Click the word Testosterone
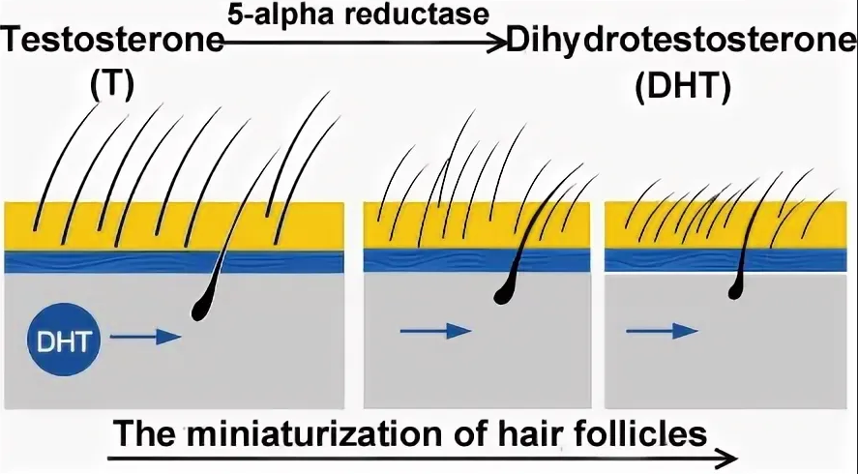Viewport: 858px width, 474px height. [x=112, y=43]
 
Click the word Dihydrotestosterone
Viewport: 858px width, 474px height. [x=682, y=43]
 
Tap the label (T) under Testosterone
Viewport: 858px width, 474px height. [x=111, y=85]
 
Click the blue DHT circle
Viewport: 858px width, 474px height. [x=64, y=338]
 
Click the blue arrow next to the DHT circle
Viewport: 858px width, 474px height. [x=145, y=337]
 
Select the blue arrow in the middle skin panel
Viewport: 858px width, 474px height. [x=435, y=331]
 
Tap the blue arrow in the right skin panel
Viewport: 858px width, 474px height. [x=662, y=331]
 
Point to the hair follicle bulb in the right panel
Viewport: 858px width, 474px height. [x=736, y=282]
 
